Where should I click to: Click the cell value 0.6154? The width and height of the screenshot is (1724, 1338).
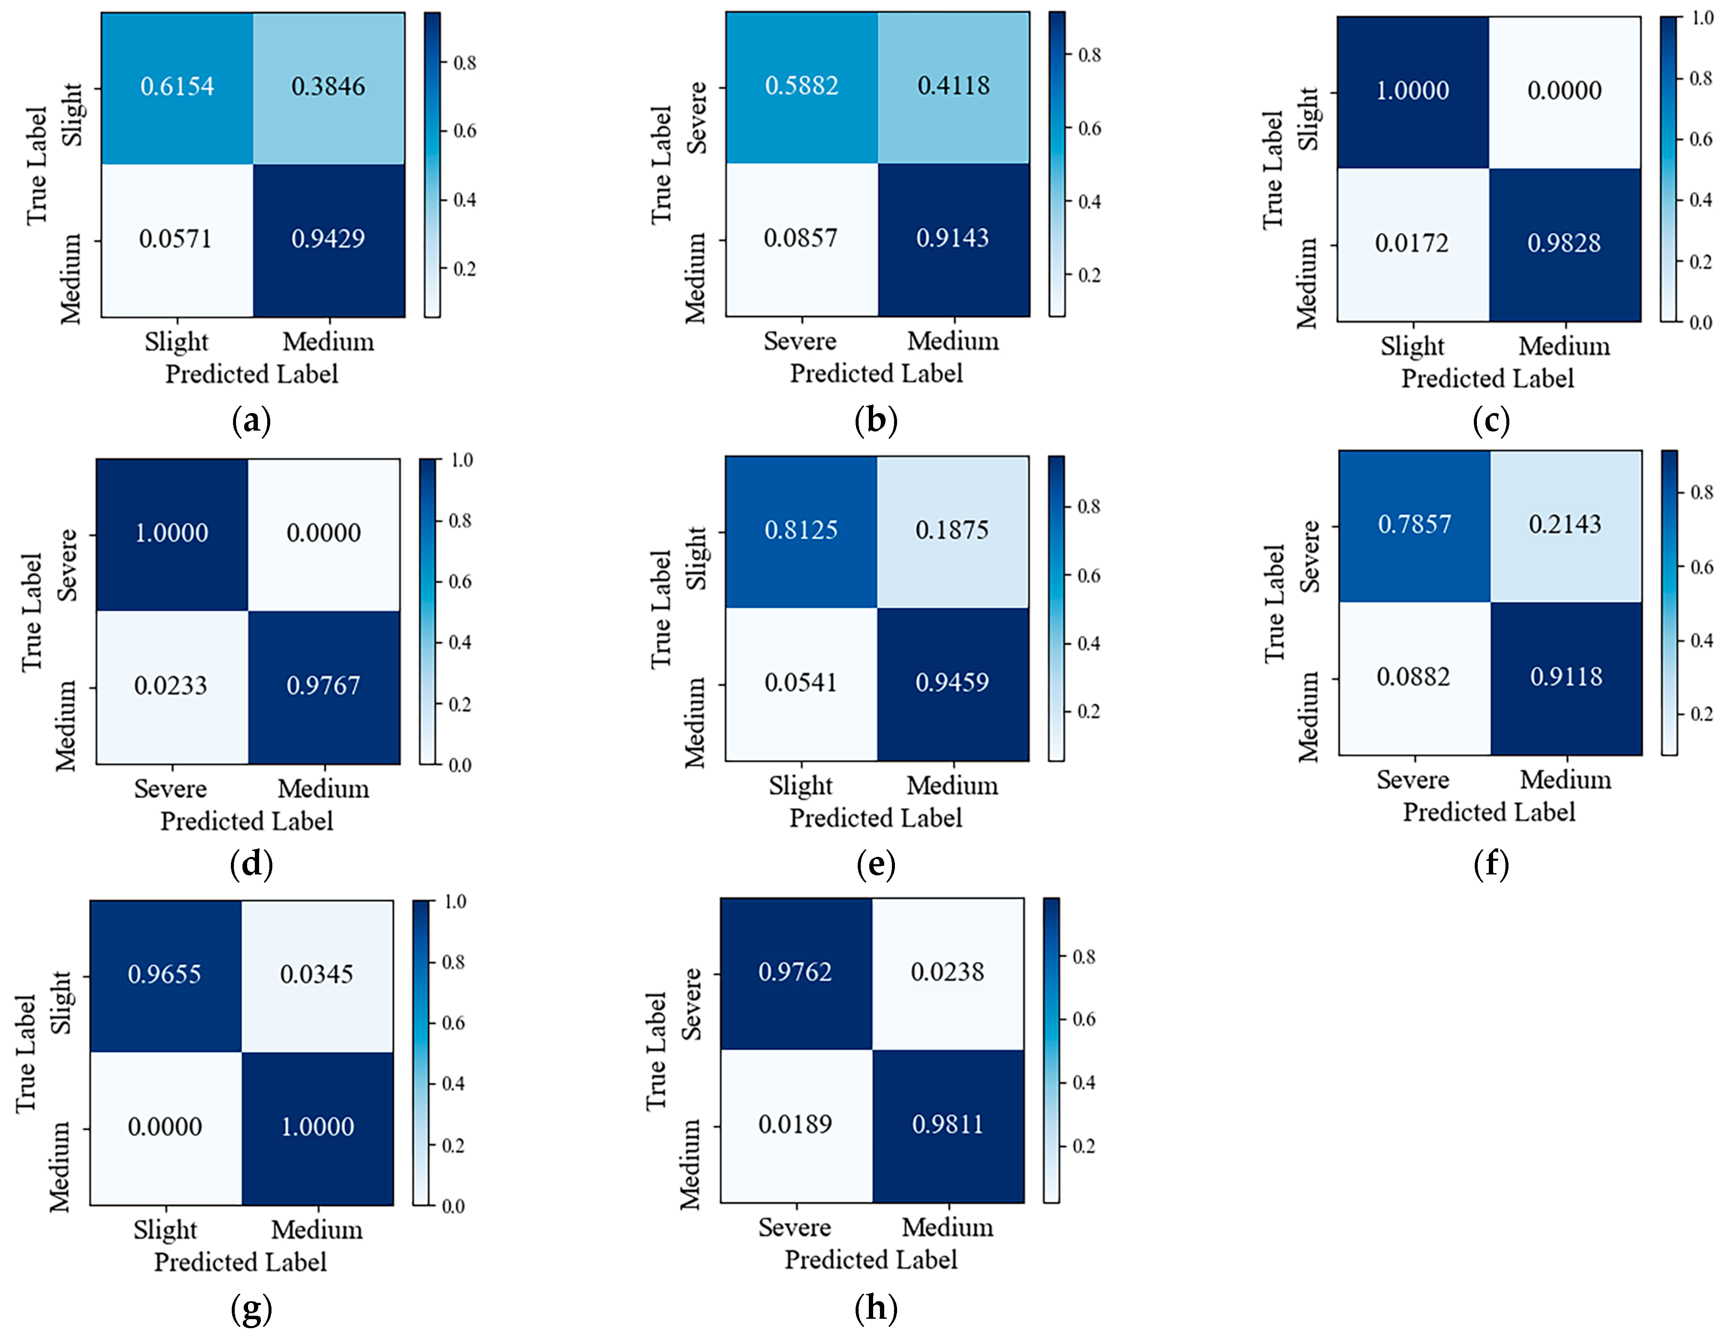(x=177, y=86)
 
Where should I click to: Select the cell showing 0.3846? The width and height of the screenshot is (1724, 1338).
(x=328, y=86)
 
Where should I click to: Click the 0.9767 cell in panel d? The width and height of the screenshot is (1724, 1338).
(x=323, y=685)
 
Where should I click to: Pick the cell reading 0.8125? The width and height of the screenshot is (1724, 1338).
(x=800, y=530)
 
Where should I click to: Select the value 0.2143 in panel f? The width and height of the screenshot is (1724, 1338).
(x=1565, y=524)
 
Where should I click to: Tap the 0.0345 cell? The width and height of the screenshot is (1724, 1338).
(x=316, y=974)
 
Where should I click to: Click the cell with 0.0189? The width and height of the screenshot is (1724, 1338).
(x=795, y=1124)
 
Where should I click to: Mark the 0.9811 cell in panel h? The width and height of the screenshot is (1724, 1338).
(x=947, y=1124)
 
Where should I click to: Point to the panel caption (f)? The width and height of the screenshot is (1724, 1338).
(x=1491, y=864)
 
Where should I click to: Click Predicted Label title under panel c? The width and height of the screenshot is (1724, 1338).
(x=1487, y=379)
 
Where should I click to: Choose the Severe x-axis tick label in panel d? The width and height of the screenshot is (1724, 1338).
(x=171, y=789)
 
